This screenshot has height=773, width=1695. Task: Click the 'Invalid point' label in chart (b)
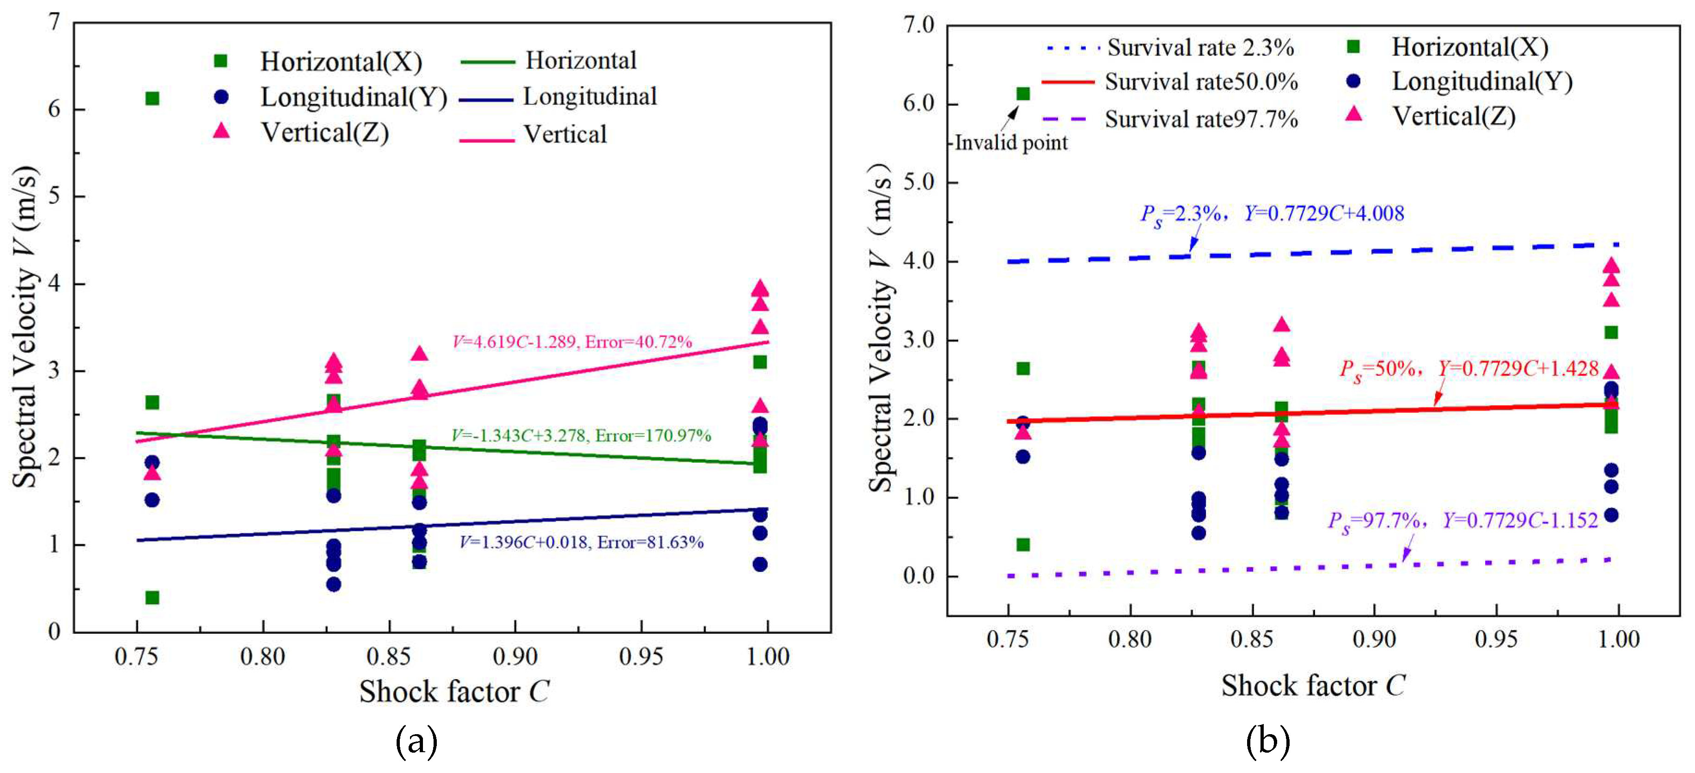1011,143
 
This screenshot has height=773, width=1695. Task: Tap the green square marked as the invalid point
1023,93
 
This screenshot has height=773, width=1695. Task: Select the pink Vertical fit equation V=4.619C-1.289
572,342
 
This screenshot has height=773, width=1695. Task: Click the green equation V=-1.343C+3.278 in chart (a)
581,436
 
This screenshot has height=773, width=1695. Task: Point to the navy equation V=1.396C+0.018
581,542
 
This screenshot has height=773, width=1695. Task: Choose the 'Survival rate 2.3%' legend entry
1200,47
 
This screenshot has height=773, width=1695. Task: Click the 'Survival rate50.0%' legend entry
1201,82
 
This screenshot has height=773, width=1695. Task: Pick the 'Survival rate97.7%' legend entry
1201,119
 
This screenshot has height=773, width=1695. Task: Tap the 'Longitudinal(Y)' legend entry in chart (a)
353,98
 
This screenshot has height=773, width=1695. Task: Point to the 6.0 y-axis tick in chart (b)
918,104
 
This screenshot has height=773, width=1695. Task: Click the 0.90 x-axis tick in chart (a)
515,656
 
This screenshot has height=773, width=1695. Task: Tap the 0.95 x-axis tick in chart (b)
1496,639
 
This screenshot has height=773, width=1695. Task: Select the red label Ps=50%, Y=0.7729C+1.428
1469,369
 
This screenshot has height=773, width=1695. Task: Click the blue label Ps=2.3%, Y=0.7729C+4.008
1271,214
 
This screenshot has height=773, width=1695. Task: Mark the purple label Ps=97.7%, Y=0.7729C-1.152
1462,521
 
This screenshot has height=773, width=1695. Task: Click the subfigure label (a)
416,742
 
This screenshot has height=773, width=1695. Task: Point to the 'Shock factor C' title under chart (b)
1313,686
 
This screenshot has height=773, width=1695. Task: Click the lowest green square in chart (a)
152,597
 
